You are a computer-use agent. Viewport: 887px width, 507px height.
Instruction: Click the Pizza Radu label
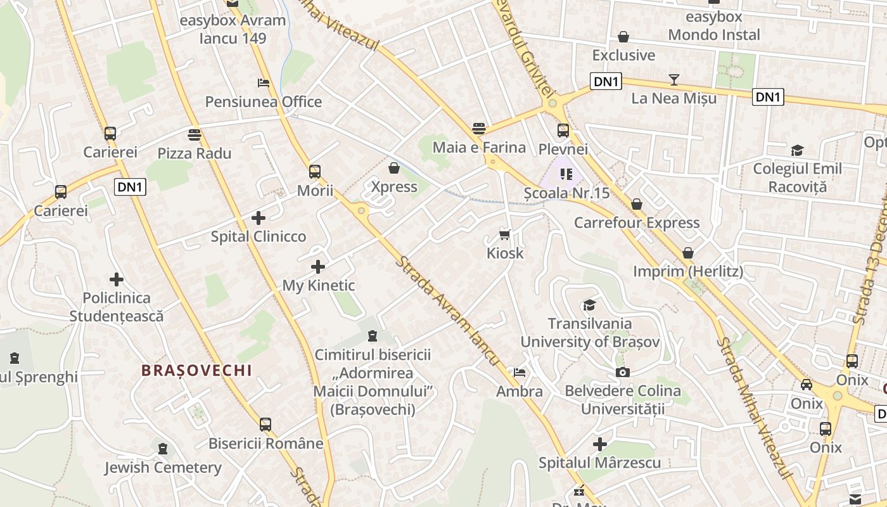tap(195, 153)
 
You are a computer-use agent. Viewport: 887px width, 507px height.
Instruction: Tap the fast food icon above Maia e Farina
tap(479, 129)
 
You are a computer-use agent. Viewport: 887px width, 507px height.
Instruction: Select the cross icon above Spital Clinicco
tap(258, 218)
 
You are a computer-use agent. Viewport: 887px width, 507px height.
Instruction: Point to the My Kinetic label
tap(319, 286)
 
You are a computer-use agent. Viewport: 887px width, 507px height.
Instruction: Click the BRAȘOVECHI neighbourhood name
tap(197, 371)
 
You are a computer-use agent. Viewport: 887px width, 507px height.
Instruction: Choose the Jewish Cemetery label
tap(163, 468)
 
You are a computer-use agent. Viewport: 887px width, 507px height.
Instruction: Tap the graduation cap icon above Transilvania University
tap(590, 305)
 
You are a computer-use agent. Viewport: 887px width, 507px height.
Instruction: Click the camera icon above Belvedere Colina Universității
tap(623, 372)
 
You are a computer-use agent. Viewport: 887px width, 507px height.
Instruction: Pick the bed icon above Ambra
tap(520, 373)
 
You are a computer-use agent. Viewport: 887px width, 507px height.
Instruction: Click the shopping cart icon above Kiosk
tap(505, 235)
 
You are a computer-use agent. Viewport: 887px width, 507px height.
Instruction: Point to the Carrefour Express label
tap(637, 223)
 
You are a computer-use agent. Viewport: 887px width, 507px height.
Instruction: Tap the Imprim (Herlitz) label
tap(688, 272)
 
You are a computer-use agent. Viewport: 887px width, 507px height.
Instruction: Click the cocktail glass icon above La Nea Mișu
tap(674, 79)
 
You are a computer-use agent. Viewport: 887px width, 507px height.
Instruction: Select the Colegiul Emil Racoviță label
tap(797, 178)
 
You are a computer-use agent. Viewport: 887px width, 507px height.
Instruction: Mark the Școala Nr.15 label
tap(567, 193)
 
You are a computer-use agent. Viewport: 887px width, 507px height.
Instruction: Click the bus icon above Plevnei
tap(563, 131)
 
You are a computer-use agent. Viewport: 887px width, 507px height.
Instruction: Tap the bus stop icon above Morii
tap(315, 171)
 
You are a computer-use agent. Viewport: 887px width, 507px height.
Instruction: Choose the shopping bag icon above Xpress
tap(394, 168)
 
